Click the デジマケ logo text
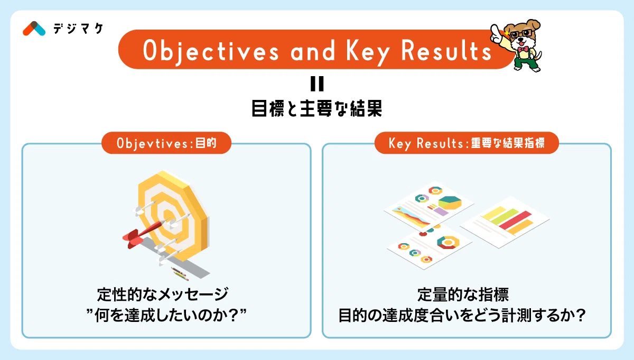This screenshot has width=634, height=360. (x=78, y=29)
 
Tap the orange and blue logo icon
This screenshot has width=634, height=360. (x=34, y=29)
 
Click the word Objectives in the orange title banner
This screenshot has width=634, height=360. (x=211, y=51)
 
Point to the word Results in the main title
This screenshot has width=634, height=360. (x=446, y=50)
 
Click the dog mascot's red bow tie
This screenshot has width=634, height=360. (x=523, y=49)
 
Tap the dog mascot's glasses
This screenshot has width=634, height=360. (x=523, y=34)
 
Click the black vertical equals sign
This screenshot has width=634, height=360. (x=317, y=84)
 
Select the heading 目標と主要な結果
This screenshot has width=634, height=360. (x=317, y=108)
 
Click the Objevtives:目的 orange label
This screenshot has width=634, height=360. (x=166, y=143)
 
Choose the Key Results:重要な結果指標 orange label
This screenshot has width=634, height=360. (x=467, y=143)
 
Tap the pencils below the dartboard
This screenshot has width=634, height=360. (x=180, y=274)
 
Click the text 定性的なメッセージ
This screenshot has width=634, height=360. (x=163, y=294)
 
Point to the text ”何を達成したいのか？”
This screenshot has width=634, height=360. (x=166, y=315)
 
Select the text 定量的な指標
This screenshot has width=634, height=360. (x=463, y=294)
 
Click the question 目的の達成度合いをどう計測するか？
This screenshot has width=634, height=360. (x=462, y=315)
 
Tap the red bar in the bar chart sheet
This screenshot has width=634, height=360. (x=515, y=220)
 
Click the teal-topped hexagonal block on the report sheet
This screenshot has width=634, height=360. (x=450, y=202)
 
